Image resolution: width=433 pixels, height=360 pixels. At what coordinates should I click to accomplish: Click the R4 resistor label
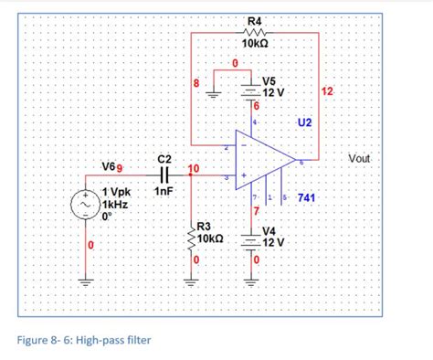point(254,20)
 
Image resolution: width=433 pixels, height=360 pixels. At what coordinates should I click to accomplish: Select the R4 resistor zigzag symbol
point(254,32)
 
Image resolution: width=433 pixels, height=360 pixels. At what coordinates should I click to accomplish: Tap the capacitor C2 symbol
point(165,173)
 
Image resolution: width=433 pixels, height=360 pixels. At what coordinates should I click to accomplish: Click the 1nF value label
point(164,191)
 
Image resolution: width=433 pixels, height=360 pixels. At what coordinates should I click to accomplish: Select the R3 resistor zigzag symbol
point(192,239)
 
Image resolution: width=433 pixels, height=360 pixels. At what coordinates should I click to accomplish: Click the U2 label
point(304,122)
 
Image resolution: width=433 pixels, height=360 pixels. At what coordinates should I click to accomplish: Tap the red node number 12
point(328,91)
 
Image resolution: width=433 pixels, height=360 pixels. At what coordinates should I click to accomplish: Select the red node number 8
point(195,85)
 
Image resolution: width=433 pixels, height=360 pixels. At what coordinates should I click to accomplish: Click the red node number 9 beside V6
point(121,165)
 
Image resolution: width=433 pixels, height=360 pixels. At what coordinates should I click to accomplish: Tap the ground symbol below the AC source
point(89,281)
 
